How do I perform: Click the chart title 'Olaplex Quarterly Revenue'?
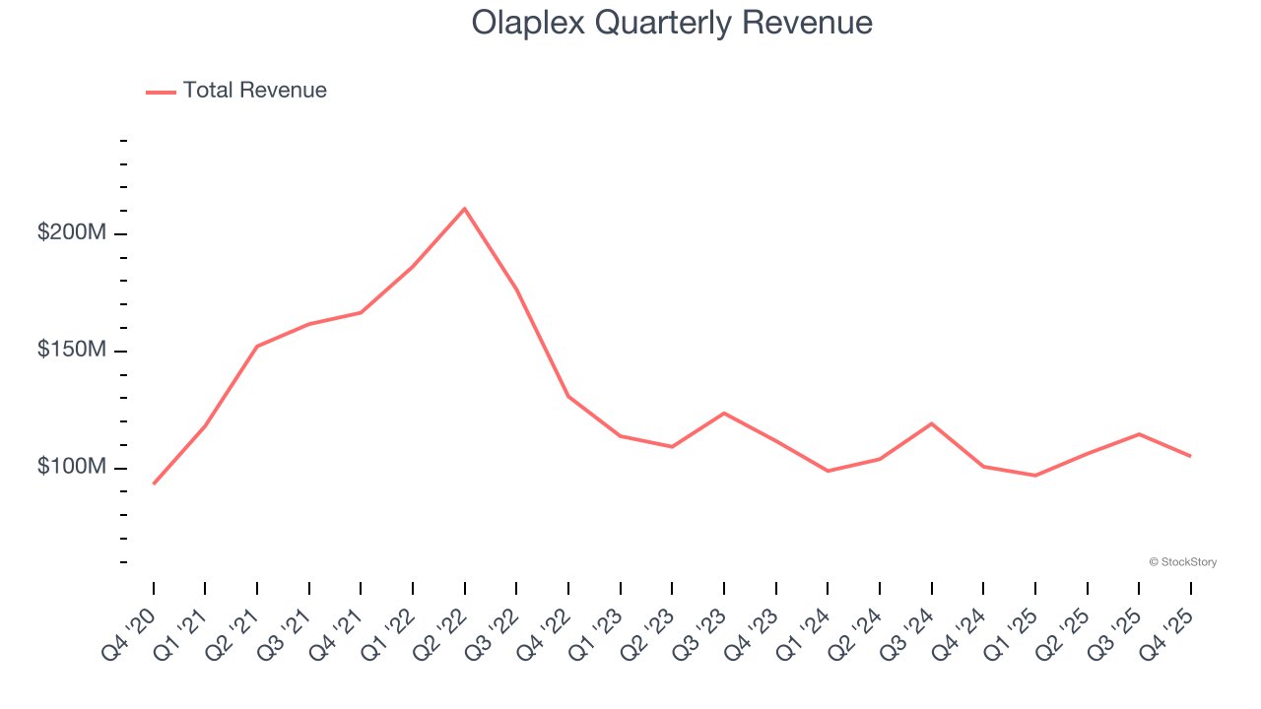(672, 22)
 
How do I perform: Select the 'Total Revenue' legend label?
(254, 91)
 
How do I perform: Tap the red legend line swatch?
(161, 92)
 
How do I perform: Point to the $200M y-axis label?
(72, 234)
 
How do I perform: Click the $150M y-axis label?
(72, 351)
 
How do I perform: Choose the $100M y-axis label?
(72, 467)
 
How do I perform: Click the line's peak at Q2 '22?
(464, 209)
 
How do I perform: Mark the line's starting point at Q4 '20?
(154, 483)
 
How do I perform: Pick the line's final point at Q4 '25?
(1190, 456)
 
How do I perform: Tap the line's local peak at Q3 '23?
(724, 413)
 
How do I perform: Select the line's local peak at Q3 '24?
(931, 423)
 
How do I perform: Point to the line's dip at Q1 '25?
(1034, 476)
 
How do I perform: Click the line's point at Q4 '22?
(568, 396)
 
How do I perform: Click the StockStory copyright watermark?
(1182, 562)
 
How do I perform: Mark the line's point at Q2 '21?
(257, 347)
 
